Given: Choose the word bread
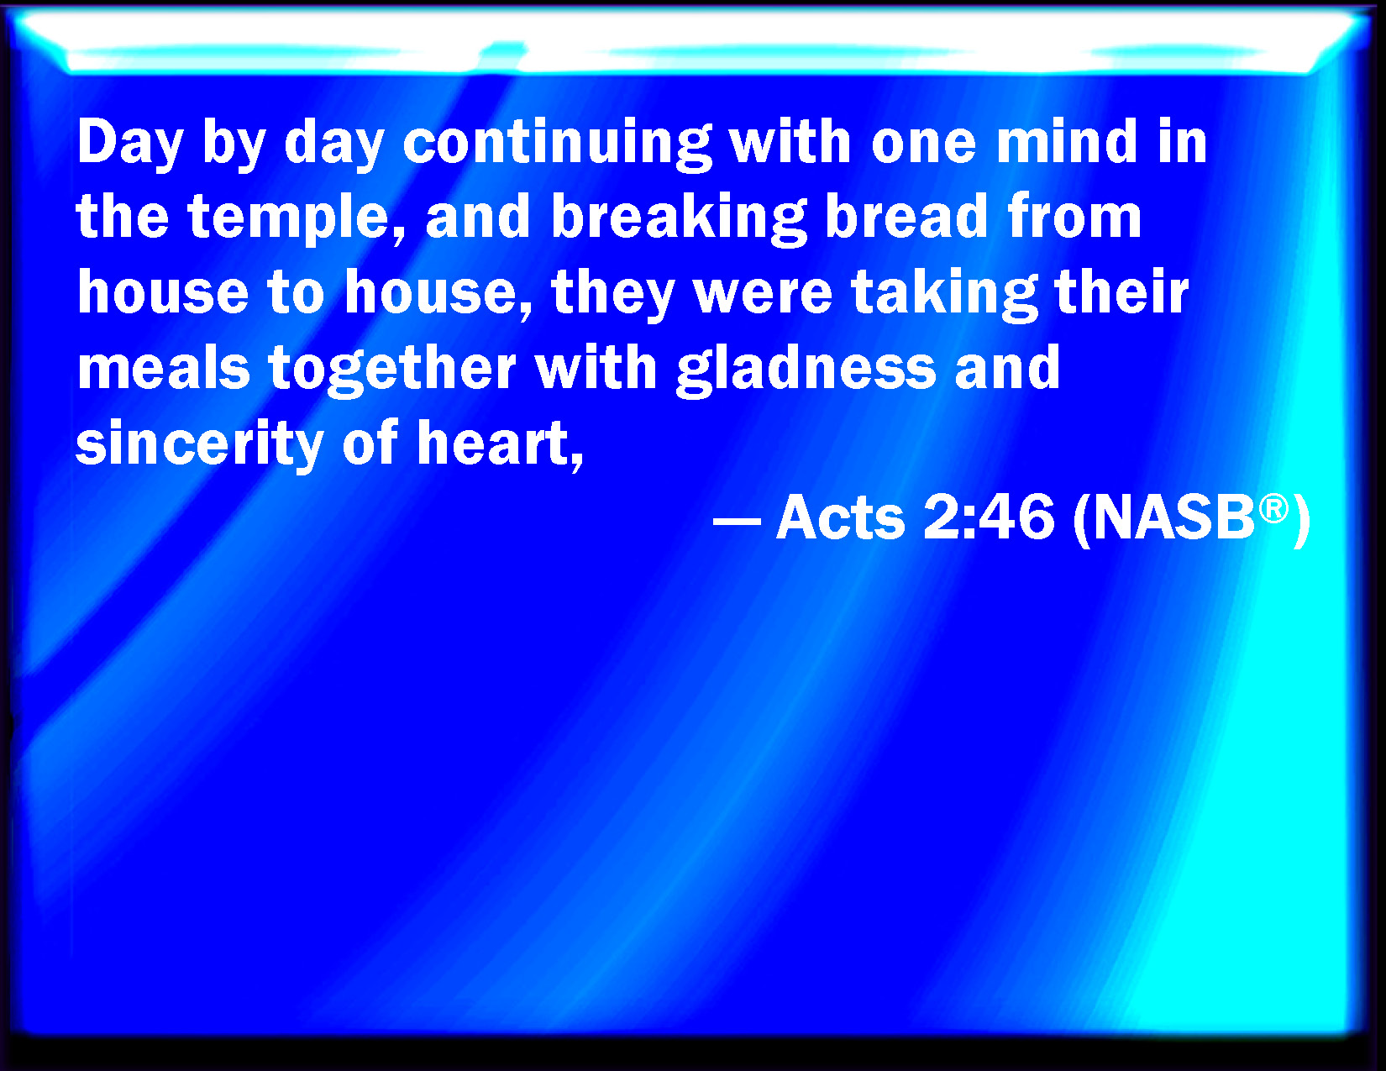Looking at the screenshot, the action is coord(907,216).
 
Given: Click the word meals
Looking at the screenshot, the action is coord(163,367).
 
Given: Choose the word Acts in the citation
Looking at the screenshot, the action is coord(840,517).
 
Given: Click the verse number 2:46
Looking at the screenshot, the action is coord(988,517).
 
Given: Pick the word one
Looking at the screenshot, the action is coord(923,146).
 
